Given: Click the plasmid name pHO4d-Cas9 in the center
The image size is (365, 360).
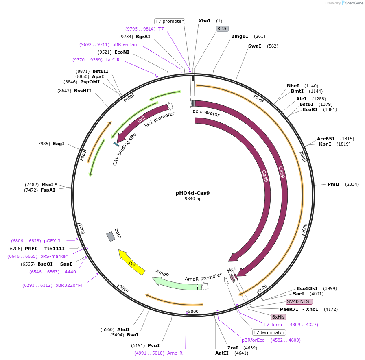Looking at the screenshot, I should (193, 193).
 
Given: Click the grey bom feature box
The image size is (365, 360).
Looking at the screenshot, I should (111, 236).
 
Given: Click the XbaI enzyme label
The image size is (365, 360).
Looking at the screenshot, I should (204, 21).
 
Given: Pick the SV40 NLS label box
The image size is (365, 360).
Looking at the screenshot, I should (299, 301).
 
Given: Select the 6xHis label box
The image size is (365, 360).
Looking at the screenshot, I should (279, 317).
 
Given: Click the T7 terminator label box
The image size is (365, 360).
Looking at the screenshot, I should (269, 332).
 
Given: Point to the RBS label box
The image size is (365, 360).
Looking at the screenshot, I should (222, 28).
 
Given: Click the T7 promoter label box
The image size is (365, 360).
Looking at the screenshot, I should (169, 21).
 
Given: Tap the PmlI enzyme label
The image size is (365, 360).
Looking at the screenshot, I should (333, 184).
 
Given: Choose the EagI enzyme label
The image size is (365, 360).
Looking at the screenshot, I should (59, 144).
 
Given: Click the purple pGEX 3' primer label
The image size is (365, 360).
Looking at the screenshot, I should (53, 241).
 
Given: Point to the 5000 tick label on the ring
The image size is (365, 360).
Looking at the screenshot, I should (193, 312).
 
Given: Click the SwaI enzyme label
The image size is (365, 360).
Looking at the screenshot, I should (254, 46).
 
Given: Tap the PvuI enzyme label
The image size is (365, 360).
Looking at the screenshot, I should (153, 345).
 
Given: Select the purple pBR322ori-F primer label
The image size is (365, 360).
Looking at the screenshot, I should (69, 285).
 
